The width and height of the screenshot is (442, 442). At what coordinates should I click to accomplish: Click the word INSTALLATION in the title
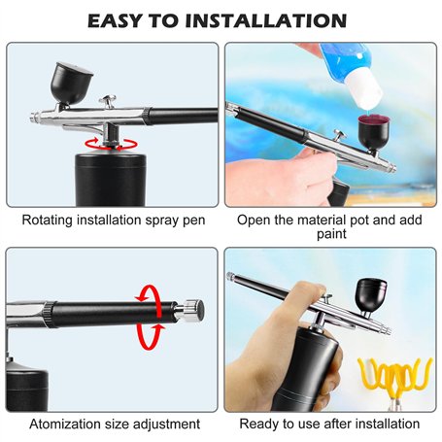266,20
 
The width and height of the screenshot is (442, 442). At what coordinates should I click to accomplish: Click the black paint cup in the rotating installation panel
71,84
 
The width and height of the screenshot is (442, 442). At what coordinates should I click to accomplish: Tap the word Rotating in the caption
48,221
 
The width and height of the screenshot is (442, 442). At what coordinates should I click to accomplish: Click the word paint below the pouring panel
331,234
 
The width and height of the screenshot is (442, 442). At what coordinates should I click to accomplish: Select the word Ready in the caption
257,425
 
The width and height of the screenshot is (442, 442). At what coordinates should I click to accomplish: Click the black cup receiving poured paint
374,133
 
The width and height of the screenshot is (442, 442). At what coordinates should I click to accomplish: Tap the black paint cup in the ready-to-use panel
371,294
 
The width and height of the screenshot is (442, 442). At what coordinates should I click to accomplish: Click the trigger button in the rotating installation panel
109,101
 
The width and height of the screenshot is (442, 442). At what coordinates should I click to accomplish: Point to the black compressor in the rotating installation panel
111,179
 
